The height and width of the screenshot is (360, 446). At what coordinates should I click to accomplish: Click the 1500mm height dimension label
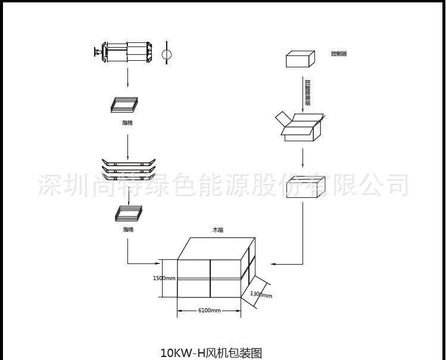click(x=164, y=278)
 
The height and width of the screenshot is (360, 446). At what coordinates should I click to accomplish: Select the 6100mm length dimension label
click(x=209, y=310)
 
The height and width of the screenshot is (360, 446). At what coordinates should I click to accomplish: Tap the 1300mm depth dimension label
click(x=261, y=293)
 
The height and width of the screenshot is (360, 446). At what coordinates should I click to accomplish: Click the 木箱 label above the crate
click(x=218, y=229)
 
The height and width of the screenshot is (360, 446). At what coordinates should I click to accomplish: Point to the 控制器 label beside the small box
click(x=338, y=54)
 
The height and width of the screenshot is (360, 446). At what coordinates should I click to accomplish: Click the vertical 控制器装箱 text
click(x=307, y=92)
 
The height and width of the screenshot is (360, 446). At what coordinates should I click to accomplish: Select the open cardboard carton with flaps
click(x=301, y=127)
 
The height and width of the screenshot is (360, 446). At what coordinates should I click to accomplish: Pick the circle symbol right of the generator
click(x=167, y=54)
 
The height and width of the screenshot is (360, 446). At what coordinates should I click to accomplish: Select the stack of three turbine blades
click(x=128, y=169)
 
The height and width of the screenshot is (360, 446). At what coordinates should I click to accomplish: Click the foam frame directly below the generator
click(x=124, y=104)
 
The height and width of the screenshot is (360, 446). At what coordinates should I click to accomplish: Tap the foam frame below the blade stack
click(x=129, y=213)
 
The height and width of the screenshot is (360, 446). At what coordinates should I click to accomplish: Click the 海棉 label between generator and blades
click(x=127, y=122)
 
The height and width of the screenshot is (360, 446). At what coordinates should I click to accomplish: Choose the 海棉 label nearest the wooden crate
click(x=128, y=229)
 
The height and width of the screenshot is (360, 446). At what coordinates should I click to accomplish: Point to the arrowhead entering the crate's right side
click(x=273, y=263)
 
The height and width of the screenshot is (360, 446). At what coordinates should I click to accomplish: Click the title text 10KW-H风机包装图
click(x=211, y=352)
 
